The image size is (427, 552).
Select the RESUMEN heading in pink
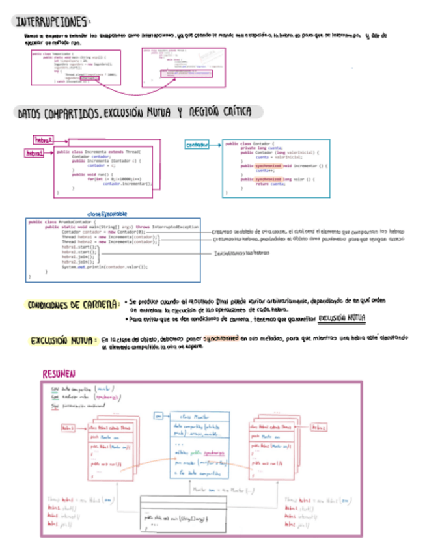[59, 374]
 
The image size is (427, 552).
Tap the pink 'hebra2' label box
[43, 139]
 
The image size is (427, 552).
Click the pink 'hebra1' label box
[34, 153]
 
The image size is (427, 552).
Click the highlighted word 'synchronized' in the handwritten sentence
[220, 338]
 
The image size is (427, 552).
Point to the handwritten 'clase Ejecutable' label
[107, 214]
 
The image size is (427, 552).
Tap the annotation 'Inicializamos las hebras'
[242, 253]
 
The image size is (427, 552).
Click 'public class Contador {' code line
[251, 143]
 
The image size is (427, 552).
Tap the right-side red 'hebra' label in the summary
[318, 427]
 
